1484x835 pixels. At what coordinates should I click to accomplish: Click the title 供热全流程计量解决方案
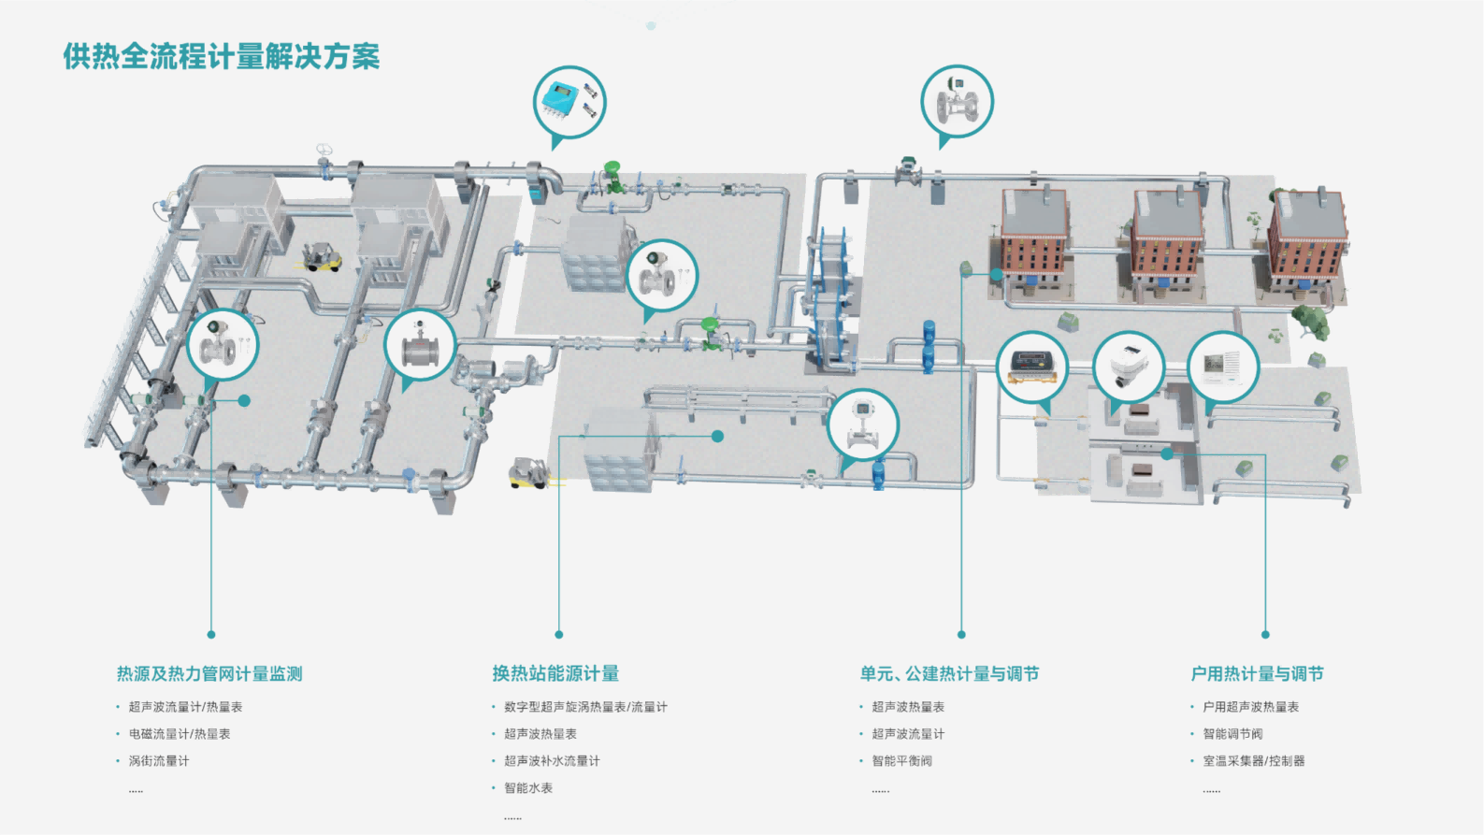click(x=222, y=56)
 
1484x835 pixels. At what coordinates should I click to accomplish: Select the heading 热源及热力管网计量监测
click(x=209, y=673)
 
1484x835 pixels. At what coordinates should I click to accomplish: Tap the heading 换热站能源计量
click(x=555, y=673)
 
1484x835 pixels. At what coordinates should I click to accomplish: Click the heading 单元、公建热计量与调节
click(x=949, y=673)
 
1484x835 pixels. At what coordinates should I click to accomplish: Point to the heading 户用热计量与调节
click(x=1257, y=673)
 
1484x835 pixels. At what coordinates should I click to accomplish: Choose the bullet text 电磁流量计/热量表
click(x=180, y=734)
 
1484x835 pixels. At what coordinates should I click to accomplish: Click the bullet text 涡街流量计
click(x=159, y=761)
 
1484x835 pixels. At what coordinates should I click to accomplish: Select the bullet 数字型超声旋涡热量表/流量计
click(x=585, y=707)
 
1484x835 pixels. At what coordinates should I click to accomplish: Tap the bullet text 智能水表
click(x=528, y=788)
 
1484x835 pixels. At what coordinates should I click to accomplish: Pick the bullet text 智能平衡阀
click(x=901, y=761)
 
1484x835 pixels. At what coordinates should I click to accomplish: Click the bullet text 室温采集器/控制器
click(x=1253, y=761)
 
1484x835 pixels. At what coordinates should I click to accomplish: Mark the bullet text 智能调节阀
click(x=1232, y=734)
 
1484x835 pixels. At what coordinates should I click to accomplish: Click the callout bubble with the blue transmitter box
click(x=569, y=102)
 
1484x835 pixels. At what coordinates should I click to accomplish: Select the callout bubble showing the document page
click(x=1223, y=367)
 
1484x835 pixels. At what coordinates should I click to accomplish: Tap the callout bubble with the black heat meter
click(x=1032, y=367)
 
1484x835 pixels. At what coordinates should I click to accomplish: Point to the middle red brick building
click(x=1166, y=245)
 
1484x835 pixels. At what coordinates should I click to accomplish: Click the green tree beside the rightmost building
click(x=1311, y=321)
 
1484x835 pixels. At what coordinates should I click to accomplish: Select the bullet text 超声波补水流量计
click(x=552, y=761)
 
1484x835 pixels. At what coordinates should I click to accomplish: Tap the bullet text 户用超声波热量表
click(x=1250, y=707)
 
